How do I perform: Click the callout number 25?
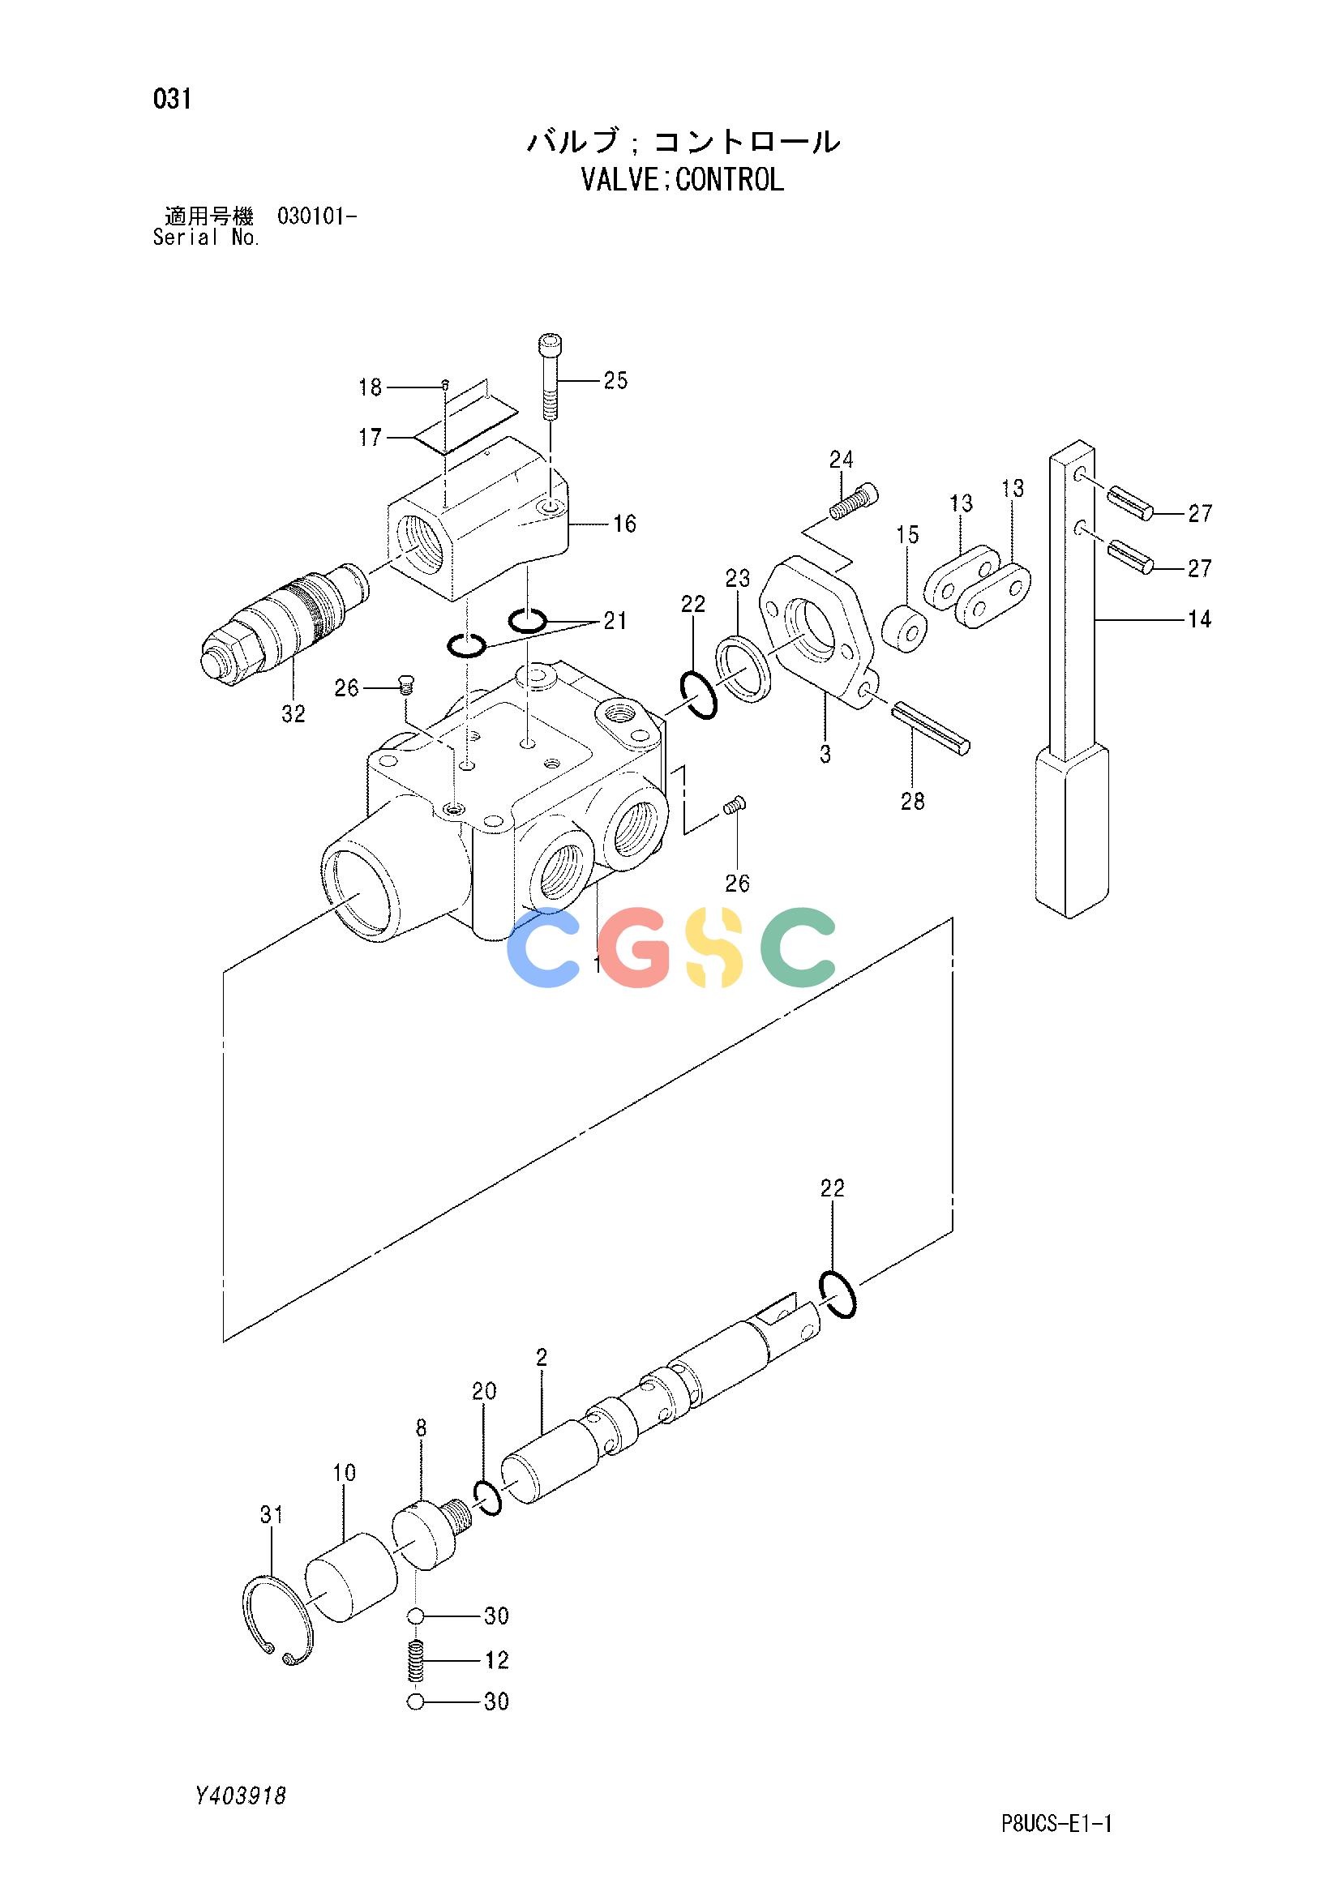tap(615, 381)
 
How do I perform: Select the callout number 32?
tap(293, 714)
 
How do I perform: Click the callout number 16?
tap(624, 524)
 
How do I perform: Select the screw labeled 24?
tap(853, 501)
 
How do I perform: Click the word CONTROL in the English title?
tap(729, 179)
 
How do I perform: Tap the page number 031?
tap(172, 100)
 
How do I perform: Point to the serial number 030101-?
tap(317, 218)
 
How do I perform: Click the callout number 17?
tap(370, 437)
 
